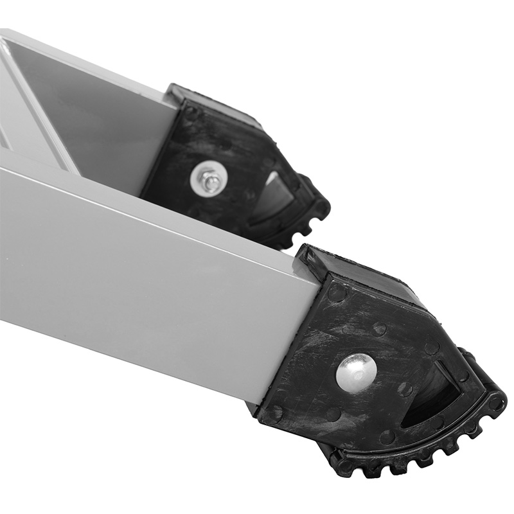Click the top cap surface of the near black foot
(x=369, y=274)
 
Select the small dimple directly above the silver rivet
(x=379, y=329)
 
